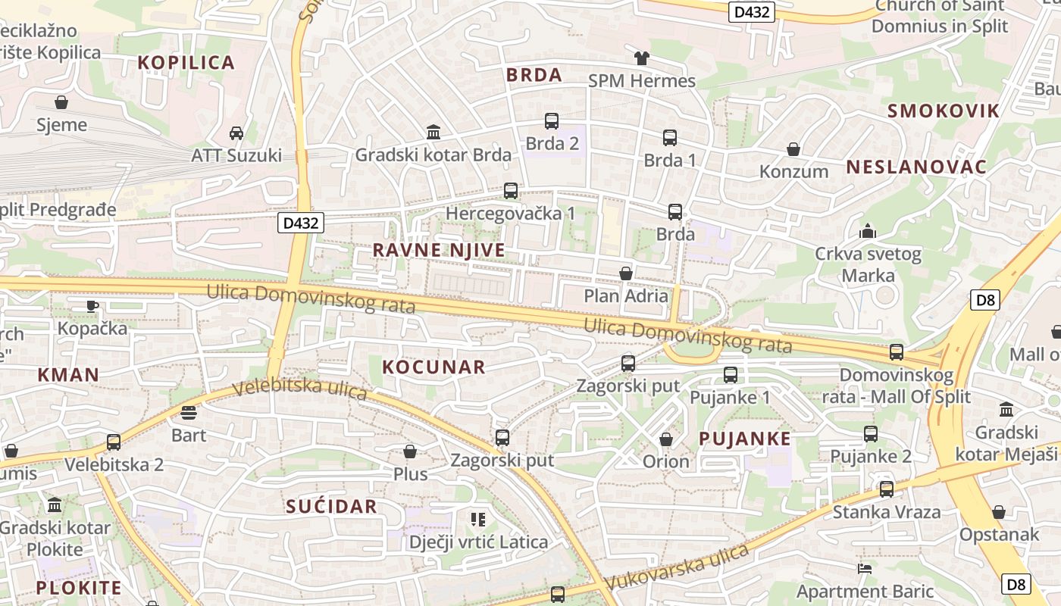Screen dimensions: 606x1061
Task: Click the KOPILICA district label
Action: click(186, 63)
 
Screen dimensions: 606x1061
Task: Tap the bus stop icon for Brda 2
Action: click(552, 121)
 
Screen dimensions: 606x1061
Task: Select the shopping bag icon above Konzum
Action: click(793, 149)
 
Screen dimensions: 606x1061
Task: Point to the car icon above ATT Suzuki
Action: click(236, 133)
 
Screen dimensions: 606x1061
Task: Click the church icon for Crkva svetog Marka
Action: click(868, 231)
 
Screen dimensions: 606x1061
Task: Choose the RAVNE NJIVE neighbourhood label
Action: click(439, 250)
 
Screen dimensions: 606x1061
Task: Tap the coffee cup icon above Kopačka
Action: click(92, 306)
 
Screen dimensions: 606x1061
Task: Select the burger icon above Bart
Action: click(189, 413)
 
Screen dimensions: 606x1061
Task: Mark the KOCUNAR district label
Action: click(433, 367)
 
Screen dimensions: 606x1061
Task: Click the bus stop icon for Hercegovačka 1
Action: click(511, 191)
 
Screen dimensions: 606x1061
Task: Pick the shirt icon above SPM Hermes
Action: click(642, 58)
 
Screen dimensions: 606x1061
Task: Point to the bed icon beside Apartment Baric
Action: click(864, 568)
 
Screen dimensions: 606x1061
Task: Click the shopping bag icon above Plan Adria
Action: click(626, 273)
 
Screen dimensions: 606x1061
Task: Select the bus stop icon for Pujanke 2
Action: click(871, 434)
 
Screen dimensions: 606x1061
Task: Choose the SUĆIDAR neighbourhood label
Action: click(331, 507)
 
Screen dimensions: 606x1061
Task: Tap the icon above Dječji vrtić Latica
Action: click(477, 520)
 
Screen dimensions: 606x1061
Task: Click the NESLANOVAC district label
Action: click(916, 167)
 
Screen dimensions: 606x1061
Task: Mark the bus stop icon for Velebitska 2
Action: click(114, 442)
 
